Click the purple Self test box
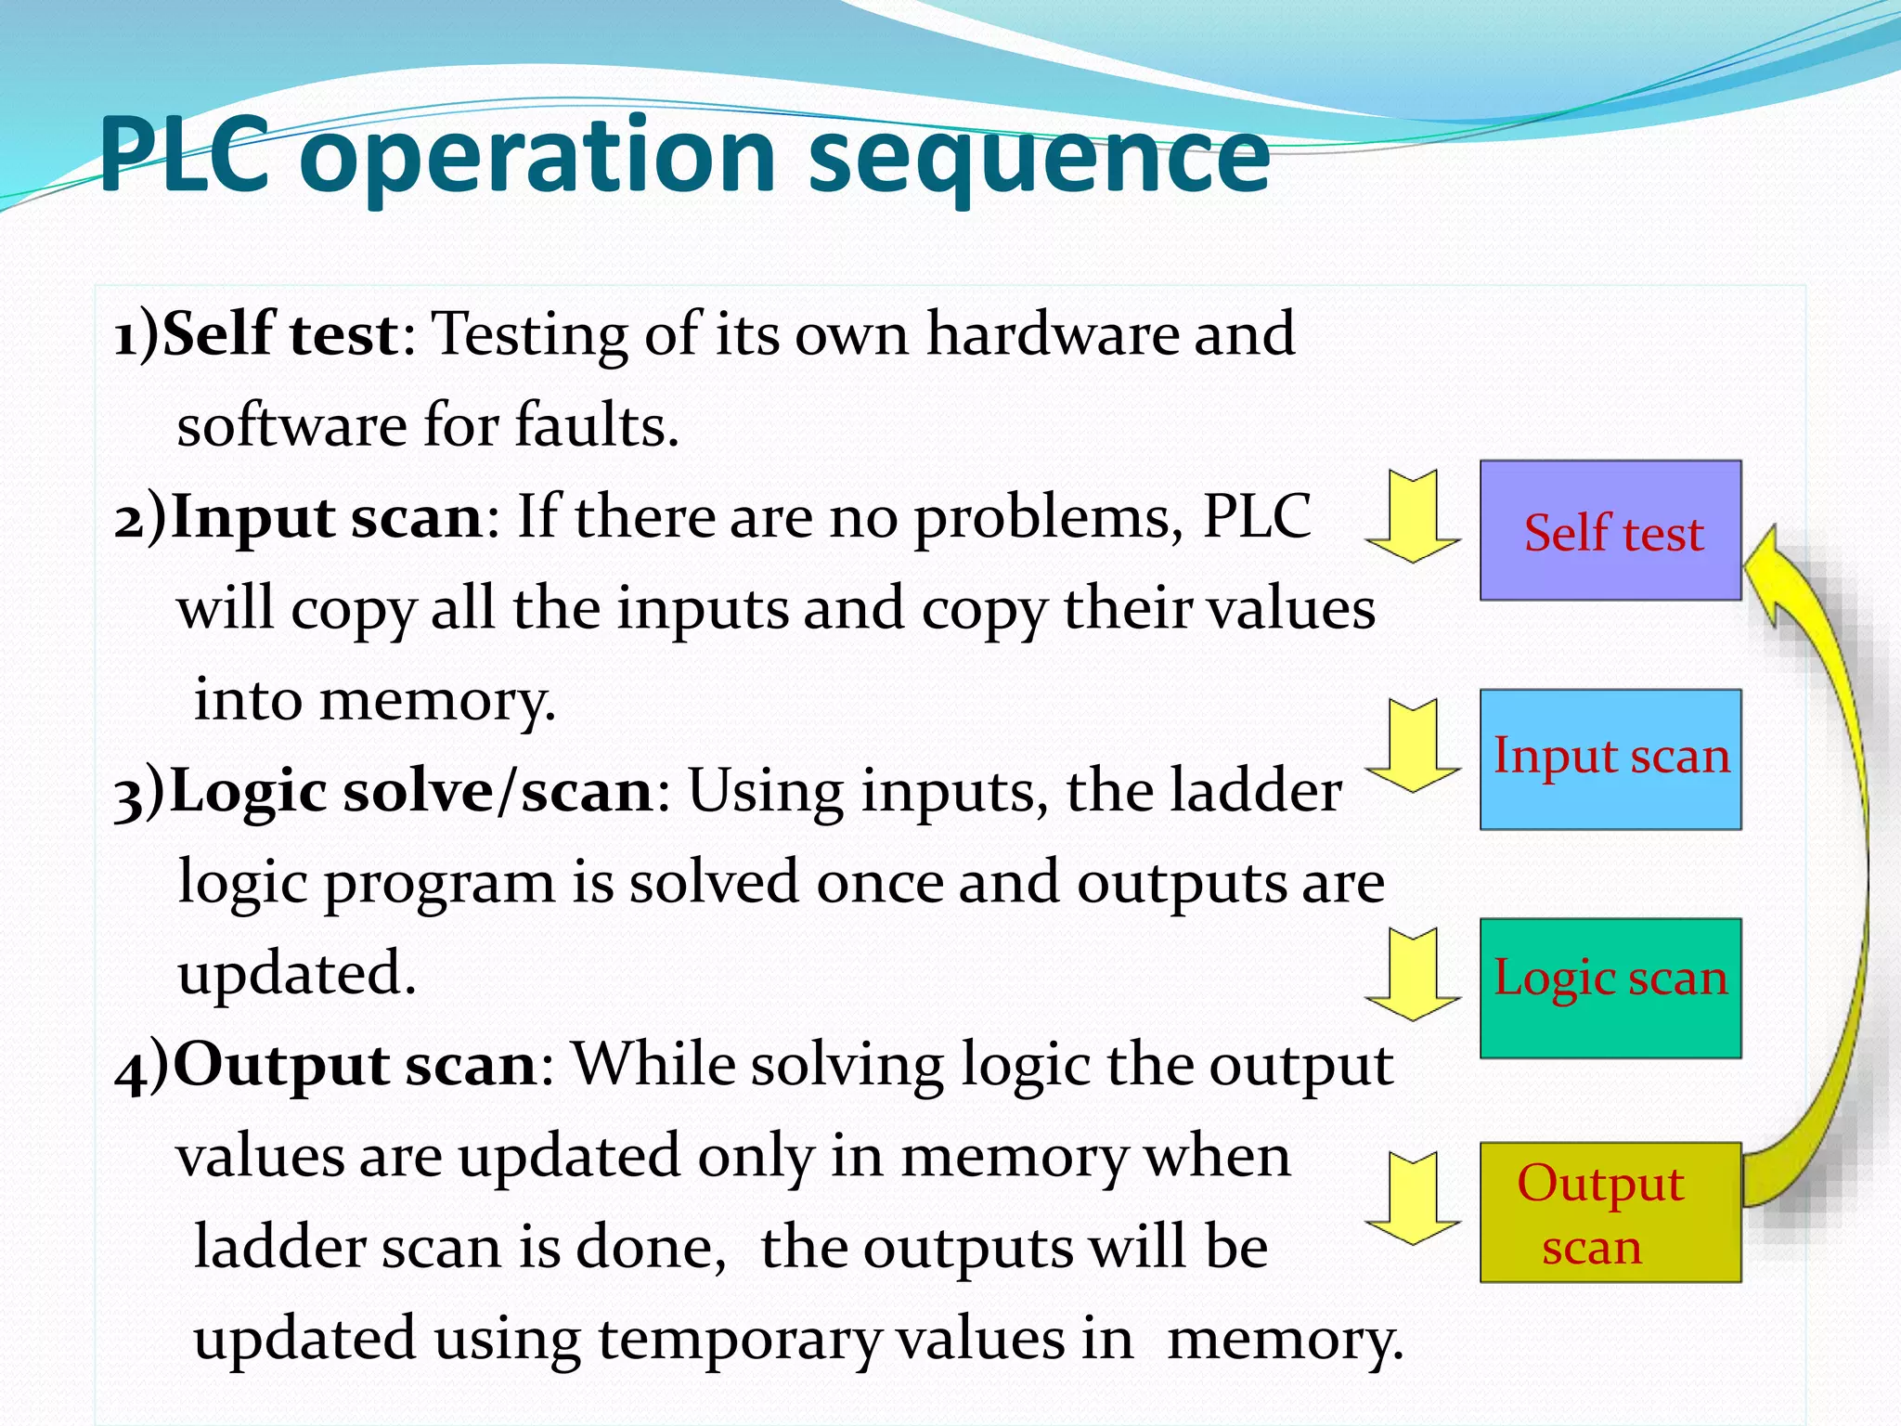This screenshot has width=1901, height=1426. point(1610,530)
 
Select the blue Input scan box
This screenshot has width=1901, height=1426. point(1610,758)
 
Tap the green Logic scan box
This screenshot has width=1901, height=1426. point(1610,988)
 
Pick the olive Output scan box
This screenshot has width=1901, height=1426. point(1610,1212)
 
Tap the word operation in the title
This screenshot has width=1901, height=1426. point(537,158)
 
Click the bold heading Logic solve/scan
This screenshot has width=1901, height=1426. point(412,791)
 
